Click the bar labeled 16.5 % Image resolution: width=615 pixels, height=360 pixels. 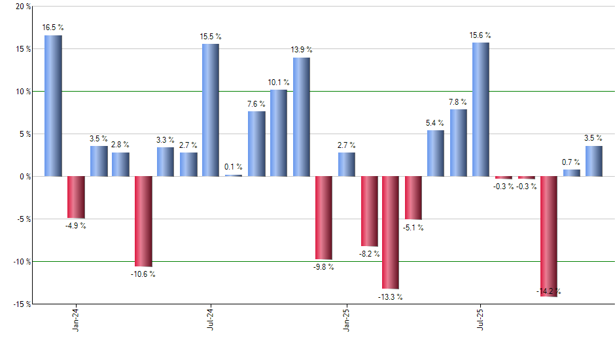53,105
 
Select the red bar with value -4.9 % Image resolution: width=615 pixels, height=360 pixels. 76,197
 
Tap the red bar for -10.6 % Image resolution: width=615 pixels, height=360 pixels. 143,221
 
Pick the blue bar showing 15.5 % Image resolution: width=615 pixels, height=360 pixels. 211,110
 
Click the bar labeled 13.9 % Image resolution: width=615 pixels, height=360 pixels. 301,117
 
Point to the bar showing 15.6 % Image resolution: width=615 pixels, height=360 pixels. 480,109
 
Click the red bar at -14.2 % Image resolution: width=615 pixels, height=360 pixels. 548,236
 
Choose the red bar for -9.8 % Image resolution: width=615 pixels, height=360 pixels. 323,218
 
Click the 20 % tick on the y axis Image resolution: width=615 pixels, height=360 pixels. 23,7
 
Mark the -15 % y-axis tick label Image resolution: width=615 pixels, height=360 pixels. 21,304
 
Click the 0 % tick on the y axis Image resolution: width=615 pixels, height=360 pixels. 25,177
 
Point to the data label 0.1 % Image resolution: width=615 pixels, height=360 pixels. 234,167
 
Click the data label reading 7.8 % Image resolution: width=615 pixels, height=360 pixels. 458,101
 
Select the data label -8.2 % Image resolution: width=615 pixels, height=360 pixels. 369,254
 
